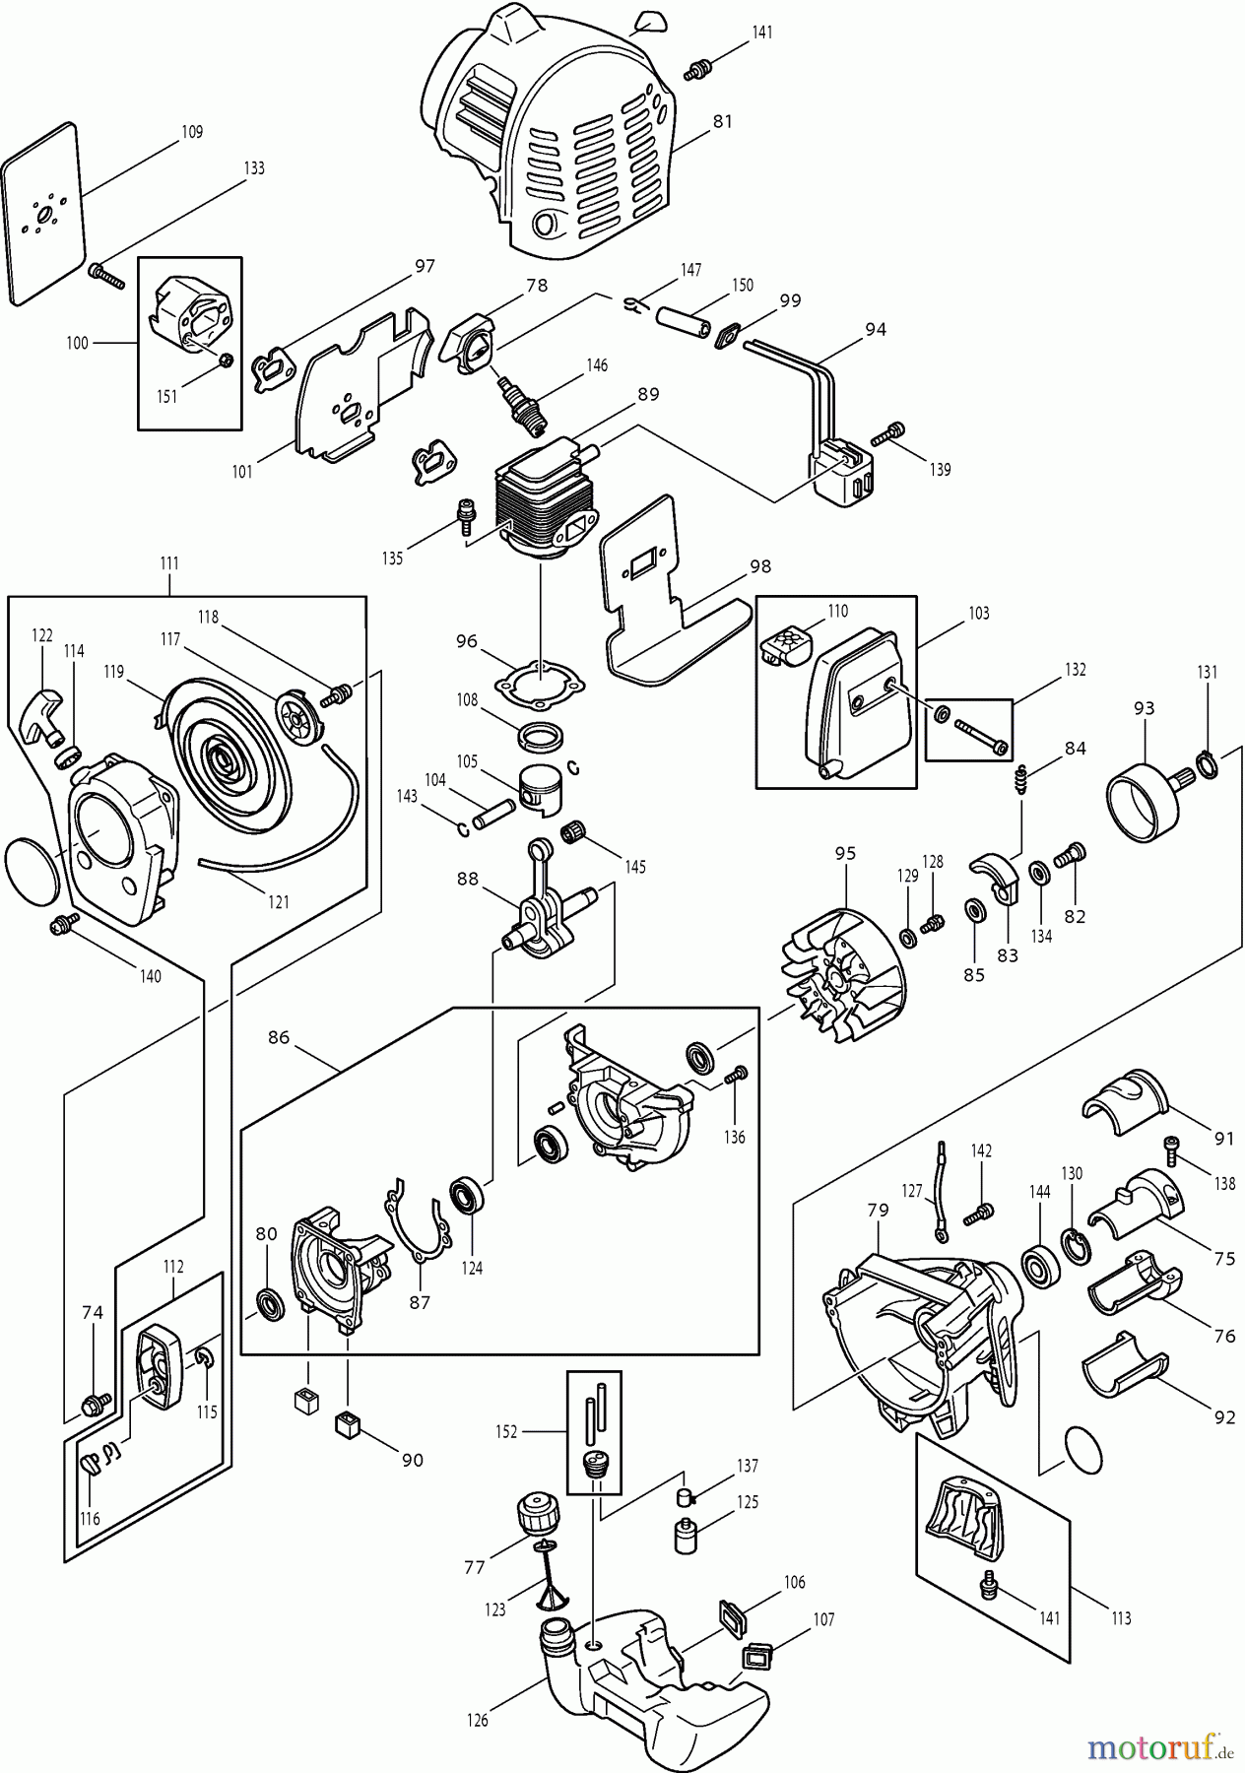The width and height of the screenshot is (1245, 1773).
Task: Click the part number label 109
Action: coord(192,132)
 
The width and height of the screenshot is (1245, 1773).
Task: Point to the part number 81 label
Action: coord(722,122)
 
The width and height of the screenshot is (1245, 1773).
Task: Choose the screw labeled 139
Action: coord(894,430)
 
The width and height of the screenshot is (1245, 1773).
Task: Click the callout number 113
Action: coord(1120,1617)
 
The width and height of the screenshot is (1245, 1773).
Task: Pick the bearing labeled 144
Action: coord(1040,1264)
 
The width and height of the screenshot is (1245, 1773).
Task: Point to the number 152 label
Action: coord(506,1431)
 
